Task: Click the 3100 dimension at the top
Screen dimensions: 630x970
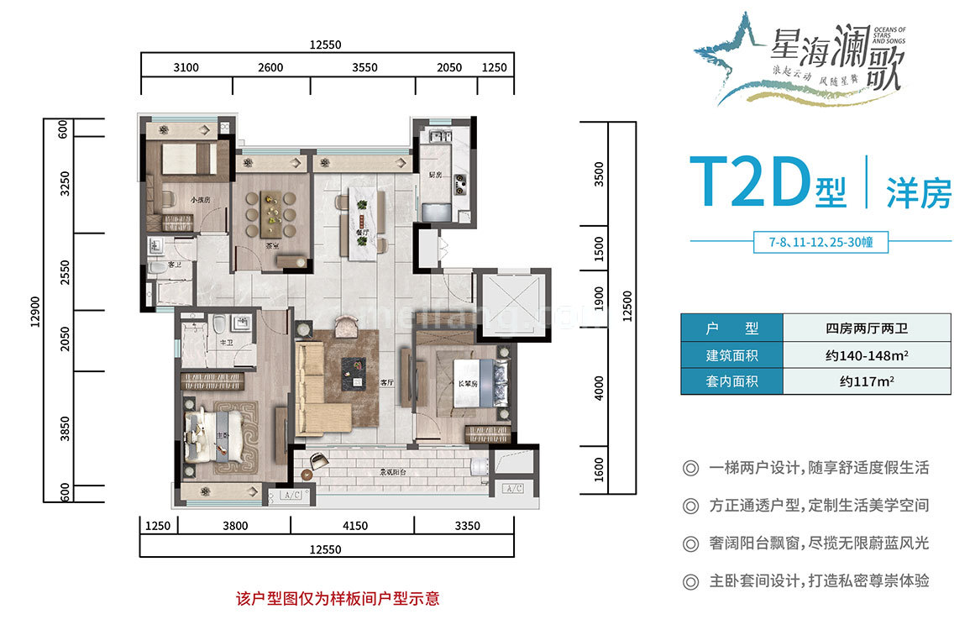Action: (x=186, y=68)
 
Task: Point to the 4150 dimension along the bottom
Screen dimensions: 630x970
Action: (x=354, y=527)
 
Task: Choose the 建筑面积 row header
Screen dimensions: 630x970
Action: (x=731, y=354)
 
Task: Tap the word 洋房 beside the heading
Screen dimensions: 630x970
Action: (x=920, y=194)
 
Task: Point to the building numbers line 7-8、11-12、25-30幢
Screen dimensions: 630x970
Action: (x=821, y=243)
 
